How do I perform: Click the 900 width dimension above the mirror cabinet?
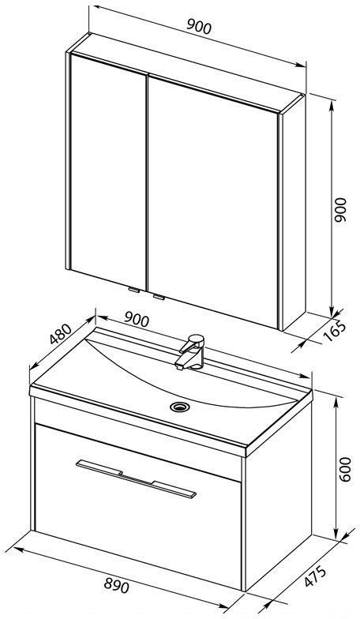[199, 27]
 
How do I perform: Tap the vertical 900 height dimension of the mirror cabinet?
[339, 209]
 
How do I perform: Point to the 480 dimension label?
[62, 333]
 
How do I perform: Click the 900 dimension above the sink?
[137, 319]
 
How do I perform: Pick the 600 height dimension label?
[344, 469]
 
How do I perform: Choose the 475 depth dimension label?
[316, 576]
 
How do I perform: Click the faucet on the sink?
[190, 352]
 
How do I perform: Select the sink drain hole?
[180, 406]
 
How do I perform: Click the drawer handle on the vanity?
[136, 478]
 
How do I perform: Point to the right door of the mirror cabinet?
[213, 201]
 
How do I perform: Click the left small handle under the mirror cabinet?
[134, 290]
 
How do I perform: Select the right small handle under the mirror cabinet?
[159, 297]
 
